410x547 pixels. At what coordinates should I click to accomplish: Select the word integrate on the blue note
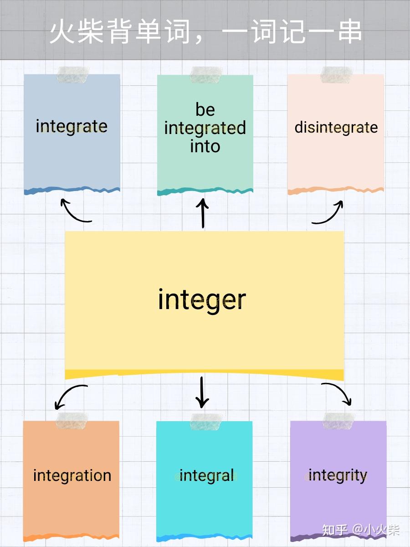[x=72, y=126]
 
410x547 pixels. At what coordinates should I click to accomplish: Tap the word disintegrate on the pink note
[x=336, y=127]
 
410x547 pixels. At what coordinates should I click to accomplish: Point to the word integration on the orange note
[x=72, y=475]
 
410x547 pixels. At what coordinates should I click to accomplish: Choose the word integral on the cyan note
[x=206, y=475]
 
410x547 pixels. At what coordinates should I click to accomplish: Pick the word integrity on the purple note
[x=338, y=475]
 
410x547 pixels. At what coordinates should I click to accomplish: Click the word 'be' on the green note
[x=205, y=109]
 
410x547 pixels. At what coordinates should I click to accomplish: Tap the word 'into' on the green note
[x=205, y=146]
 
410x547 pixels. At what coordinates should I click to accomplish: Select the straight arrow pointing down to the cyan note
[x=202, y=392]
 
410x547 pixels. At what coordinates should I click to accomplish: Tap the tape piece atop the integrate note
[x=72, y=75]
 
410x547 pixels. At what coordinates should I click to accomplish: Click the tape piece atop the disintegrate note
[x=336, y=75]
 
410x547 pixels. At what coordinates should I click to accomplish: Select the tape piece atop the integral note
[x=206, y=422]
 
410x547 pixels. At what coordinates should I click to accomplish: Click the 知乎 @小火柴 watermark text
[x=361, y=530]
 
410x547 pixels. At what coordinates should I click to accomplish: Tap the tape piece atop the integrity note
[x=338, y=421]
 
